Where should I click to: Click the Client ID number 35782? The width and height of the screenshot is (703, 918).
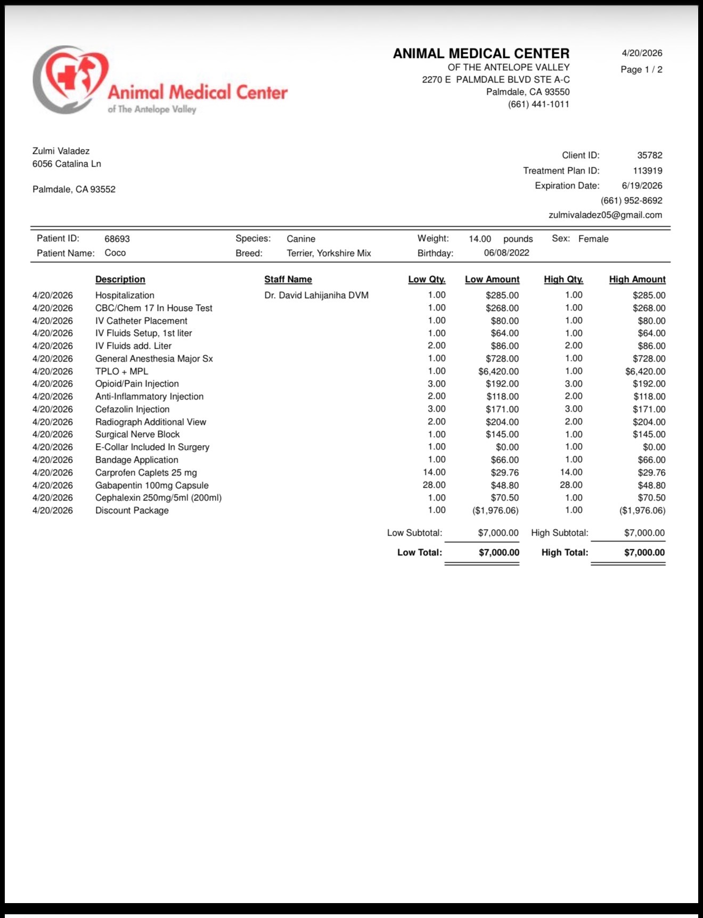pyautogui.click(x=650, y=155)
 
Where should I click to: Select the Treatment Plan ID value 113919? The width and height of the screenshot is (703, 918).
pyautogui.click(x=648, y=171)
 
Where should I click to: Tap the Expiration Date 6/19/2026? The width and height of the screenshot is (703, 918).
pyautogui.click(x=642, y=186)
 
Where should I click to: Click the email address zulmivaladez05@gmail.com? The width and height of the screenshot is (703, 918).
pyautogui.click(x=605, y=215)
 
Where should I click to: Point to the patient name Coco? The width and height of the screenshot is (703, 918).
pyautogui.click(x=115, y=253)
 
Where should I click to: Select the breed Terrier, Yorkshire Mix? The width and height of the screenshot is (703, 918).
pyautogui.click(x=329, y=253)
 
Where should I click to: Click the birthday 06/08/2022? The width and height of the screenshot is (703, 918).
pyautogui.click(x=506, y=253)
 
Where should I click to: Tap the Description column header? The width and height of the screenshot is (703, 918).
pyautogui.click(x=120, y=280)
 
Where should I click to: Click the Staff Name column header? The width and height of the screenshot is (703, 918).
pyautogui.click(x=288, y=280)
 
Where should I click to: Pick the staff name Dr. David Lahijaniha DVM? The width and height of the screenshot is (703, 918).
pyautogui.click(x=316, y=296)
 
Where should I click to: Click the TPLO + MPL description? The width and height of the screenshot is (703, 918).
pyautogui.click(x=121, y=372)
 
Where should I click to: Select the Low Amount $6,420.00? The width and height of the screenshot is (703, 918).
pyautogui.click(x=498, y=372)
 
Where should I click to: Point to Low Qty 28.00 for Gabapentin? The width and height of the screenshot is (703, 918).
pyautogui.click(x=434, y=485)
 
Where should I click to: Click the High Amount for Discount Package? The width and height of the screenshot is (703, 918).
pyautogui.click(x=642, y=511)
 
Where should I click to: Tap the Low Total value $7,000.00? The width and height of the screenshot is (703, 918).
pyautogui.click(x=498, y=553)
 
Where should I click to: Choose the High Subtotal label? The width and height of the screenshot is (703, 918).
pyautogui.click(x=559, y=533)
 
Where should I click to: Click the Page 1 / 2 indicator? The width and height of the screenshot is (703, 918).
pyautogui.click(x=641, y=70)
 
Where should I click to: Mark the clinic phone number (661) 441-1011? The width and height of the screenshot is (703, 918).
pyautogui.click(x=538, y=104)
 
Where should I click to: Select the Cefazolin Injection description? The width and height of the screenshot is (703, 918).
pyautogui.click(x=132, y=409)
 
